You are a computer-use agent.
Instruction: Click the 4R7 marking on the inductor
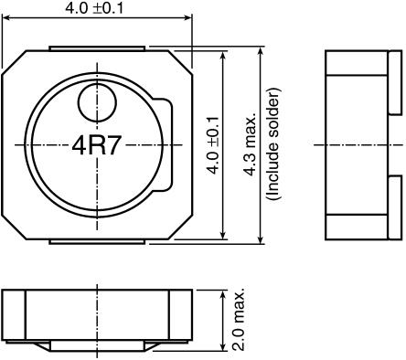tap(95, 145)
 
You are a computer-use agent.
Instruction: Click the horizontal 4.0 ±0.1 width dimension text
tap(94, 7)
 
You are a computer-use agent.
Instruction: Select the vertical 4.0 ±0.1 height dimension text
tap(213, 145)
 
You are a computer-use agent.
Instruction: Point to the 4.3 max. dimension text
tap(250, 145)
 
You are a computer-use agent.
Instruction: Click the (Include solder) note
tap(272, 144)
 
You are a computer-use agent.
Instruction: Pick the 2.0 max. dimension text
tap(239, 319)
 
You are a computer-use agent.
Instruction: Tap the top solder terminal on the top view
tap(97, 48)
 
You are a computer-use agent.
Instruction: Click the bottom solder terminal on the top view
tap(97, 241)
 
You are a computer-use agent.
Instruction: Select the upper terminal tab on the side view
tap(396, 82)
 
